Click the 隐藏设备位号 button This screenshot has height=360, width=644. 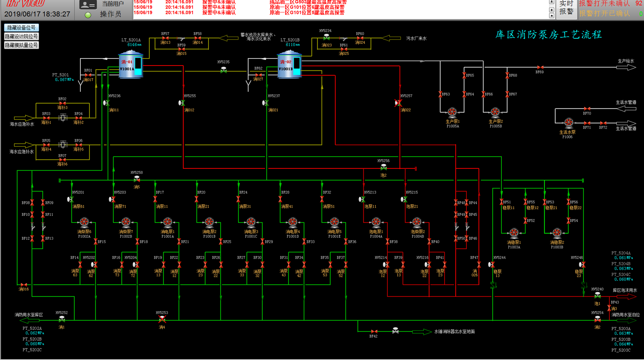coord(21,28)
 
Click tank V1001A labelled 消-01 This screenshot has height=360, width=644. coord(131,65)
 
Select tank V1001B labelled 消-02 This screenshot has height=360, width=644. coord(289,65)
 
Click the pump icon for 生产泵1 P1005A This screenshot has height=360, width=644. coord(452,112)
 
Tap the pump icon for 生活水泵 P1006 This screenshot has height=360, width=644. coord(568,122)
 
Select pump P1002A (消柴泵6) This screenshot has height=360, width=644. coord(84,222)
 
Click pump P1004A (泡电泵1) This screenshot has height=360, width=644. coord(376,222)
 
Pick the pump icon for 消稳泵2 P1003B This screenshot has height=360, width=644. coord(557,233)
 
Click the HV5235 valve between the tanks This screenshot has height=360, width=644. coord(223,70)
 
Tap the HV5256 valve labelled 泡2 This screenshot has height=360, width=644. coord(384,168)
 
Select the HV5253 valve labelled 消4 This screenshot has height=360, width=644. coord(162,319)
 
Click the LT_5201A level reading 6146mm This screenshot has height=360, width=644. coord(134,45)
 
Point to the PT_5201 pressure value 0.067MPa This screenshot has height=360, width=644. coord(64,80)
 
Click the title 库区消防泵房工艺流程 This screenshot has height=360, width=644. coord(548,35)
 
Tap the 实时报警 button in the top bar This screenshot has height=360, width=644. coord(566,8)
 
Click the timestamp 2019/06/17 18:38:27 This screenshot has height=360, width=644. coord(37,14)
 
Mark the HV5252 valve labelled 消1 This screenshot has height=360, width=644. coord(62,319)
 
